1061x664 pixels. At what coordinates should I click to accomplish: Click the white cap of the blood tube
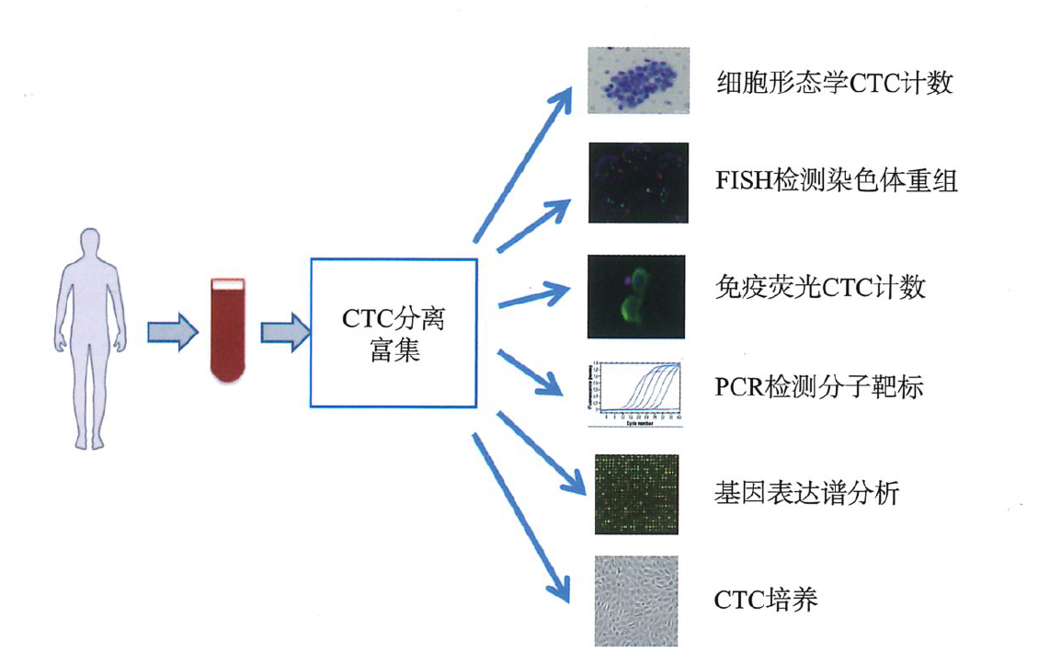coord(227,285)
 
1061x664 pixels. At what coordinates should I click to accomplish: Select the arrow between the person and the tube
coord(174,332)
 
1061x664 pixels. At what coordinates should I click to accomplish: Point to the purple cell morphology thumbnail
coord(638,81)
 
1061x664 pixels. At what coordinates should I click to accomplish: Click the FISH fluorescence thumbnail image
coord(638,181)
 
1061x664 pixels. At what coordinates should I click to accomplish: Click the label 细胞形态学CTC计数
coord(834,84)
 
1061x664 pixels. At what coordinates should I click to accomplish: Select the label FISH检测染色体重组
coord(836,181)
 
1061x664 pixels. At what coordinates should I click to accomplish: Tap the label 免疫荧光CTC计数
coord(819,288)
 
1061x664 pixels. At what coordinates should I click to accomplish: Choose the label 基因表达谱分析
coord(805,494)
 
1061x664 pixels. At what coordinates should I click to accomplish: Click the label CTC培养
coord(765,601)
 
